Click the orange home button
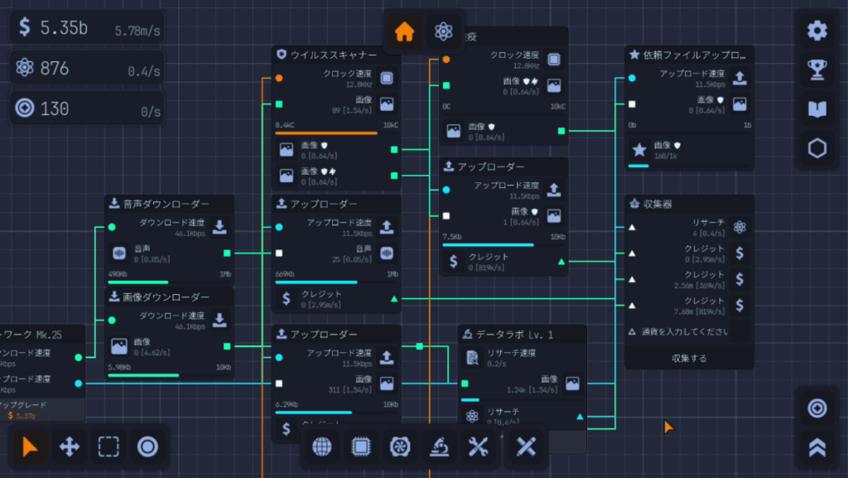pos(404,32)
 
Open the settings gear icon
pos(817,31)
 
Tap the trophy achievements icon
pos(817,70)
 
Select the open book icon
pos(817,109)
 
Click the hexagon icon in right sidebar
pos(817,148)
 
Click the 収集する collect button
pos(688,359)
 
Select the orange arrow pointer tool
pos(31,447)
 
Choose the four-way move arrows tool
pos(70,447)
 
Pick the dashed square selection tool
pos(108,447)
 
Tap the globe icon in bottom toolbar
pos(322,447)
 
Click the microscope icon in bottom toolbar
pos(439,447)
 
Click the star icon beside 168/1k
pos(639,150)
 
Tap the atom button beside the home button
pos(444,32)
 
